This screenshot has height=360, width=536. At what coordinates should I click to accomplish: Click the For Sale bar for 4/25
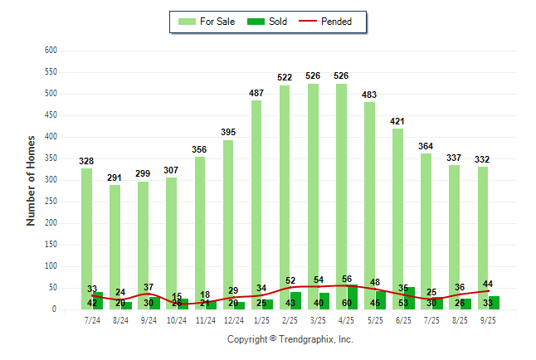click(341, 191)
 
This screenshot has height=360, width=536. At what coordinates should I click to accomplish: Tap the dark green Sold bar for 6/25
click(410, 299)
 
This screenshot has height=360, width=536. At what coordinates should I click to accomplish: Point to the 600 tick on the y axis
click(50, 51)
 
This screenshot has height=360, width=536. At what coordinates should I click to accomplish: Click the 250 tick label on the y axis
click(50, 202)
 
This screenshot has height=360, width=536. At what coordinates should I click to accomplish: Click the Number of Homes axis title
click(31, 180)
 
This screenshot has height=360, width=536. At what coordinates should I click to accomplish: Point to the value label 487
click(256, 93)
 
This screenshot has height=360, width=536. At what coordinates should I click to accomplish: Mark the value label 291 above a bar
click(115, 178)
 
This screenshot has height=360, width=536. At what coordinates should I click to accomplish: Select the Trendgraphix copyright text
click(290, 339)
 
